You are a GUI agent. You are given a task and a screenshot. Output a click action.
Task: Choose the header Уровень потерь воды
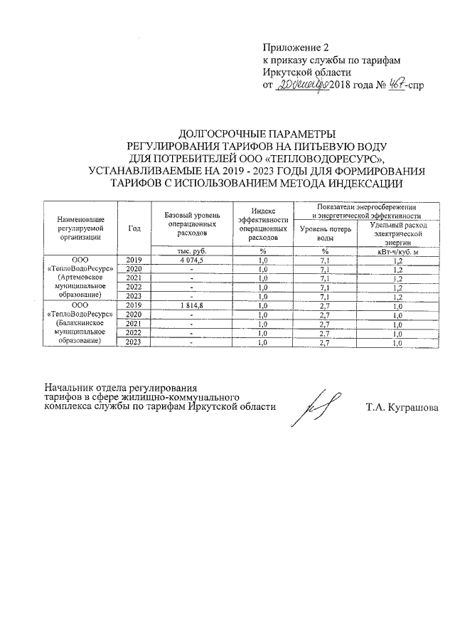326,233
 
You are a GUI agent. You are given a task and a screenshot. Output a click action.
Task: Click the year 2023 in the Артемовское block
134,297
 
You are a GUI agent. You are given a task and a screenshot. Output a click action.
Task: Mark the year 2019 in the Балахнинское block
134,305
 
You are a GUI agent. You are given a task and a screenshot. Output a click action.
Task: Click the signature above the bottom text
315,407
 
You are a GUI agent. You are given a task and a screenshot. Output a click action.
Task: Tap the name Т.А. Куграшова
402,408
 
